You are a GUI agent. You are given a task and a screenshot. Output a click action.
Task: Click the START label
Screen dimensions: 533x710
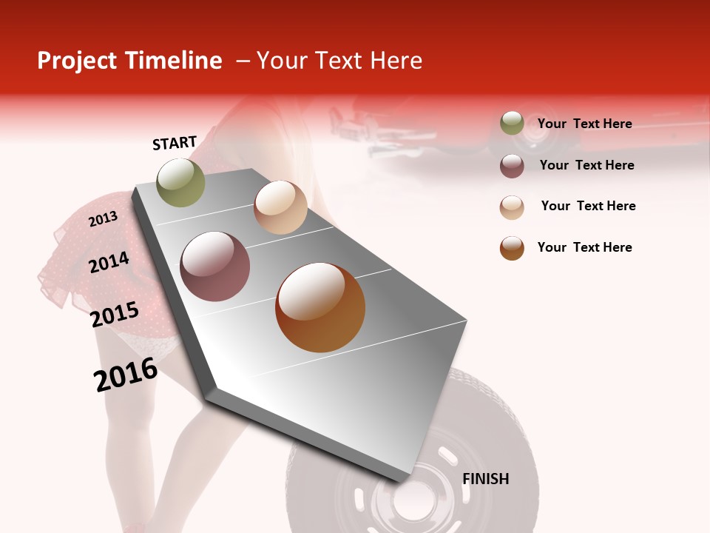tap(175, 143)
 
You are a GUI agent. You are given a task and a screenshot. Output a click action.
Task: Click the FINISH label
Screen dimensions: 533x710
tap(485, 479)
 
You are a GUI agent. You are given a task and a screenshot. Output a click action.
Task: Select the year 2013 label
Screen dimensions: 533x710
tap(103, 219)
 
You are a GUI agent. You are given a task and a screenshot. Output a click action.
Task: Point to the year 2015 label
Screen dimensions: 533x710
tap(115, 315)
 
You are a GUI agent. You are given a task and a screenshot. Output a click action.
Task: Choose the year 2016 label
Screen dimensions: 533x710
tap(126, 375)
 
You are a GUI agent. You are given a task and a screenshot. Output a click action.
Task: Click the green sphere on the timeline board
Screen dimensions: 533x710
tap(181, 183)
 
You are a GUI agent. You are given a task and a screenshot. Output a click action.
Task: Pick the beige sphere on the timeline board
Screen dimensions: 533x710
tap(280, 207)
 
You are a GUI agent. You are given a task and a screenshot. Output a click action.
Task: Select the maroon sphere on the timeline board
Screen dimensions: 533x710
tap(215, 266)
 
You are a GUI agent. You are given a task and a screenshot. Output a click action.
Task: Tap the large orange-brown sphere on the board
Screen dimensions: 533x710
tap(320, 307)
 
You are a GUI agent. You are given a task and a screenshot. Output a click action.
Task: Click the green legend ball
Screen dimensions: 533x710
tap(512, 123)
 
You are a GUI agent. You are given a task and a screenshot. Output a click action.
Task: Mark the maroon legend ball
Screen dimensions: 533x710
tap(512, 166)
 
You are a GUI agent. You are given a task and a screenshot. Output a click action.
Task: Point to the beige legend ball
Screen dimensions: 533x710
tap(512, 207)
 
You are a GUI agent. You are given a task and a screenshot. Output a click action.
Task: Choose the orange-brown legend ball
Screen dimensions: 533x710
tap(512, 248)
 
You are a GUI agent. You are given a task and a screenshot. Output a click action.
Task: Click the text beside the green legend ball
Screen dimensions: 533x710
tap(584, 124)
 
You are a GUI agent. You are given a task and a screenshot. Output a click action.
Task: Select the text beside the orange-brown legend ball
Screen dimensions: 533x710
tap(584, 247)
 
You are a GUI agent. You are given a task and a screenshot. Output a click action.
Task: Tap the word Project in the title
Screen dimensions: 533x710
tap(76, 61)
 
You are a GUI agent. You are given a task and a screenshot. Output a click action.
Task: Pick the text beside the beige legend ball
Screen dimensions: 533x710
tap(588, 206)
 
